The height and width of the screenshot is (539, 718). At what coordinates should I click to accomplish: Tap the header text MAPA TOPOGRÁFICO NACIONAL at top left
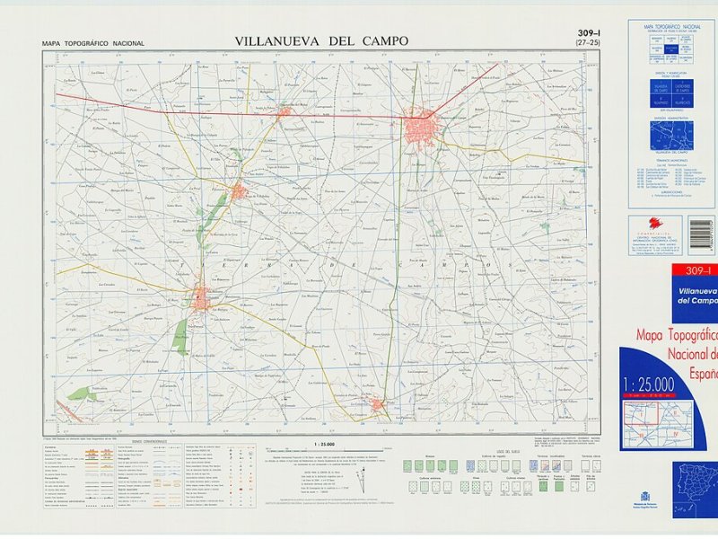92,43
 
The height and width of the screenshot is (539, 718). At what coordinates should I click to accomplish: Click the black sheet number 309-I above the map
588,33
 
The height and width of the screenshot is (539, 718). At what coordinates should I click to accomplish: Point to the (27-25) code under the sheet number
589,43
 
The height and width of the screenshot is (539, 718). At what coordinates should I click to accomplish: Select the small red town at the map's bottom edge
379,405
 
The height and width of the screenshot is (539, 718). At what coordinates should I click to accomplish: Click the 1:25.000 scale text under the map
326,444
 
